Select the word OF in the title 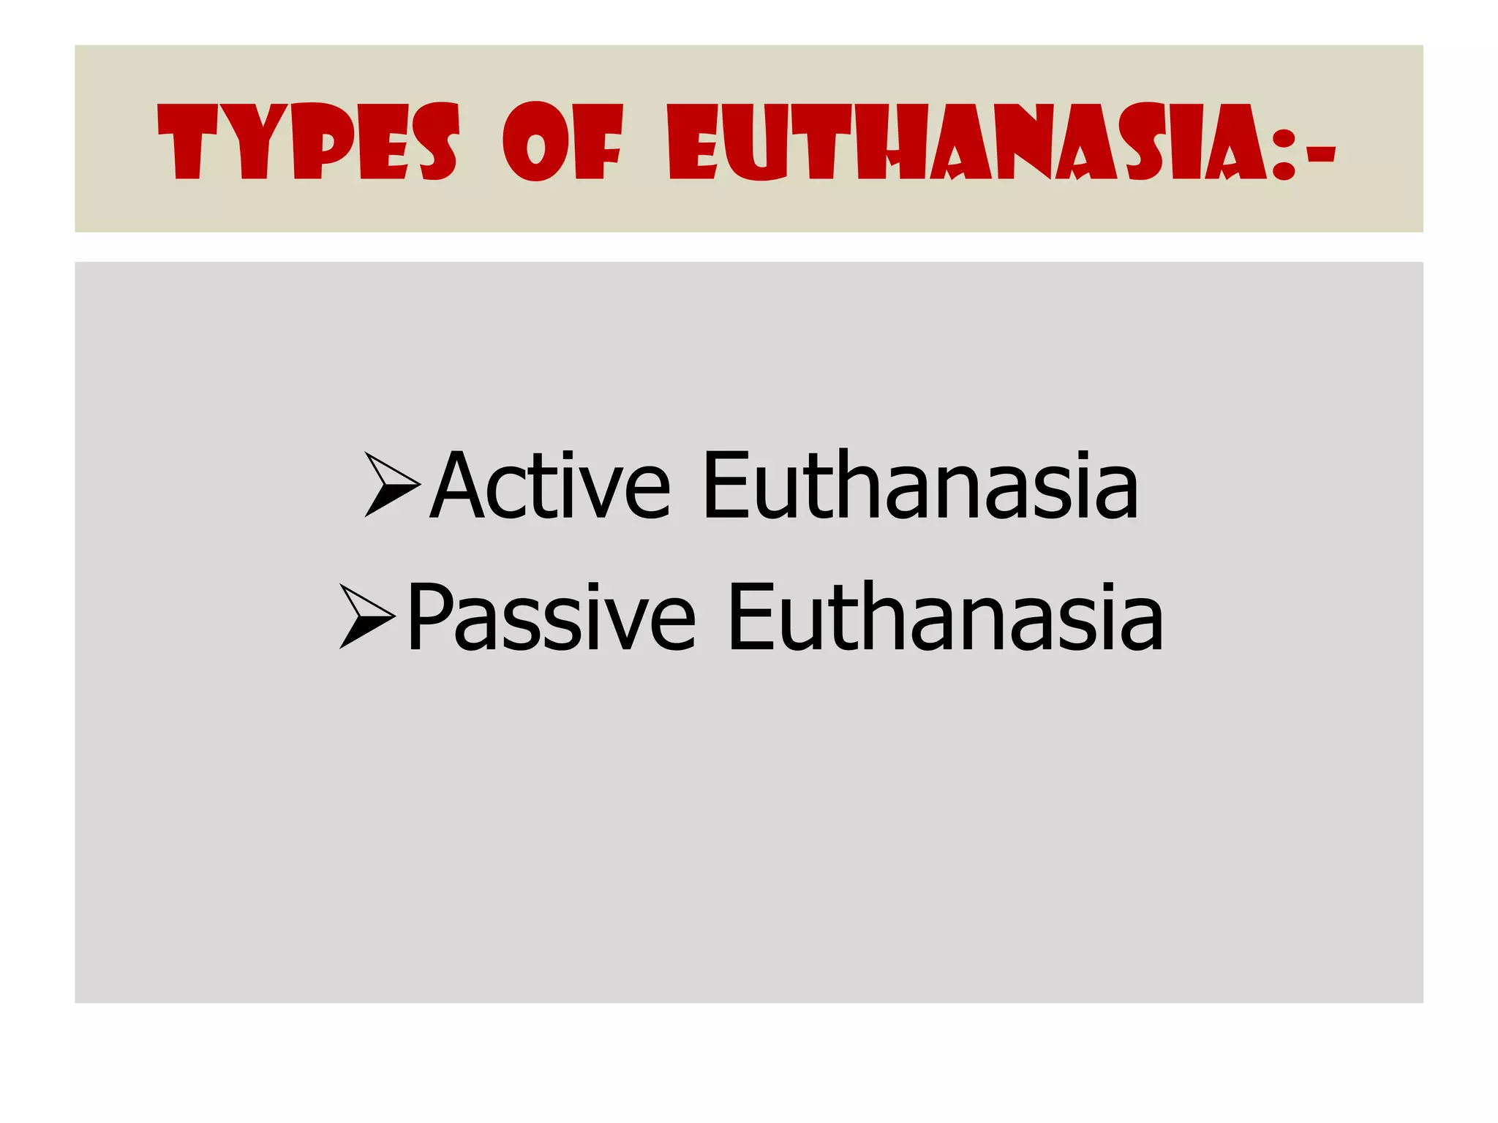click(562, 141)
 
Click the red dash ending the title click(1321, 154)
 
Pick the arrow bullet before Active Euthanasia click(391, 485)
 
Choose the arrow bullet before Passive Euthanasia click(366, 616)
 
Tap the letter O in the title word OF click(536, 141)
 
